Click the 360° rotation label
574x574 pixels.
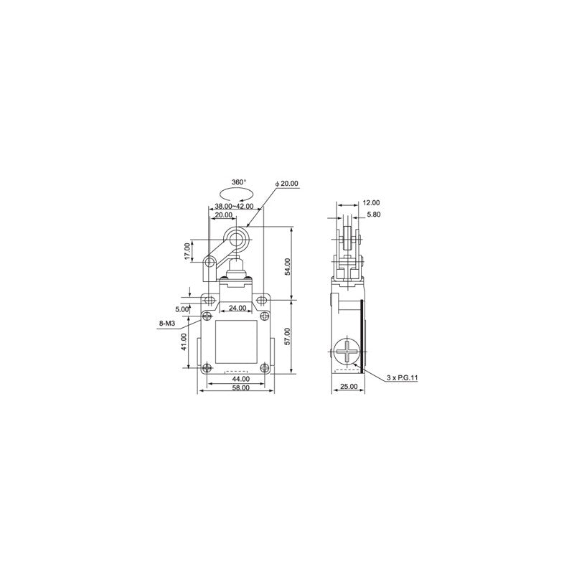239,182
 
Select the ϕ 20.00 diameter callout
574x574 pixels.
286,184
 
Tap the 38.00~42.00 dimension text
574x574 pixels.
234,206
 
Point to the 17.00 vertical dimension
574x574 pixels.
187,252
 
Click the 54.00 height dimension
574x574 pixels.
288,266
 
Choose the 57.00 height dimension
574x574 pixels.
288,336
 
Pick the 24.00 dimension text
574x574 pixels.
237,309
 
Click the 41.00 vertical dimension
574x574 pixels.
184,342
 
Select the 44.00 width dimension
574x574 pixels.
240,379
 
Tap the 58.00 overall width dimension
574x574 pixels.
240,387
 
